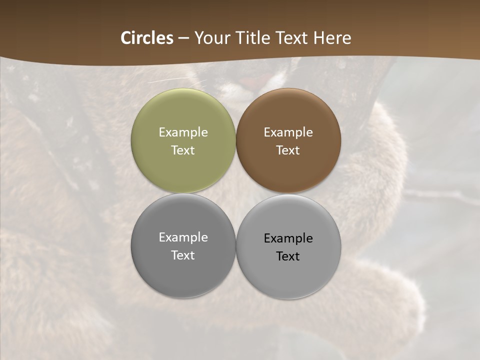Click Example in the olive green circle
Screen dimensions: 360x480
(183, 132)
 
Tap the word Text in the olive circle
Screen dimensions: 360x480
(183, 150)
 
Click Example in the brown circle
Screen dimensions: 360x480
(288, 132)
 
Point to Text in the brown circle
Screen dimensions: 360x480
(288, 150)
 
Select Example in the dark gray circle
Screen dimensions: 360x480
(183, 237)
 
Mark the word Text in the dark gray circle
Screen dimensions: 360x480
(183, 255)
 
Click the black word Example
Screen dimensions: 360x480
(288, 238)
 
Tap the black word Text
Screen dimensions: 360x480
(288, 256)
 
